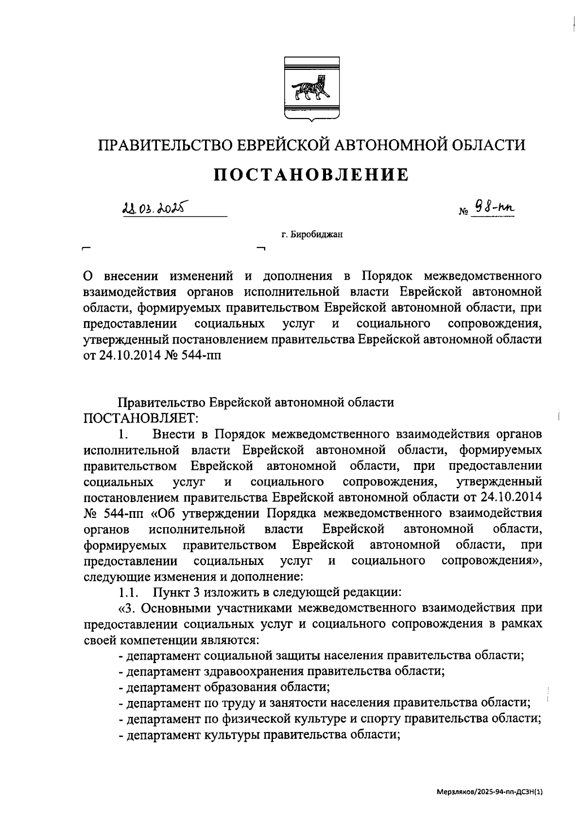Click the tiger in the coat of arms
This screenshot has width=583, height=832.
(311, 88)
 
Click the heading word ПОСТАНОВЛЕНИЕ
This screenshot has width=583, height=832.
(311, 174)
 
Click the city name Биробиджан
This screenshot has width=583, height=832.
(311, 235)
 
